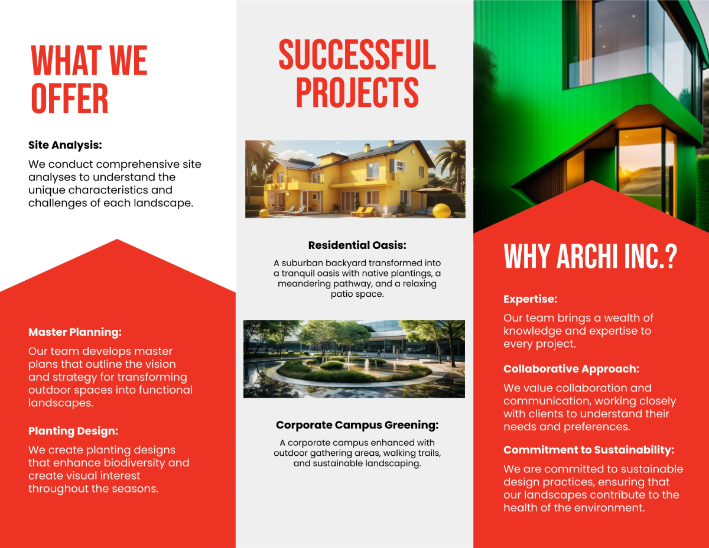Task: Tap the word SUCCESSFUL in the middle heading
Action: point(357,55)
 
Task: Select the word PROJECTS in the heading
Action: point(357,92)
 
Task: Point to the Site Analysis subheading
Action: point(66,145)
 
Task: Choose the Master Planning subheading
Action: point(75,332)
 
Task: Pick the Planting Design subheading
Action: point(73,431)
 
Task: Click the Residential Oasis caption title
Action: point(357,245)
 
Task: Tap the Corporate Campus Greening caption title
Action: point(357,425)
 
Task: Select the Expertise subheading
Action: point(531,299)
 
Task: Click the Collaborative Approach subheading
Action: point(571,369)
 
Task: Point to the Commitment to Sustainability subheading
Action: point(588,450)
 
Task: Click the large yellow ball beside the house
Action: point(441,211)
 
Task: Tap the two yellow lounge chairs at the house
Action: point(362,211)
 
